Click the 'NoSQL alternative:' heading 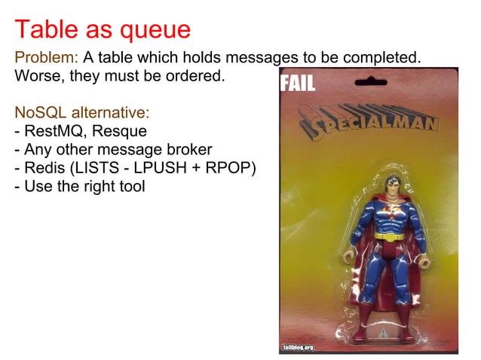[x=82, y=113]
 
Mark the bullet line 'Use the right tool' [x=79, y=185]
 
